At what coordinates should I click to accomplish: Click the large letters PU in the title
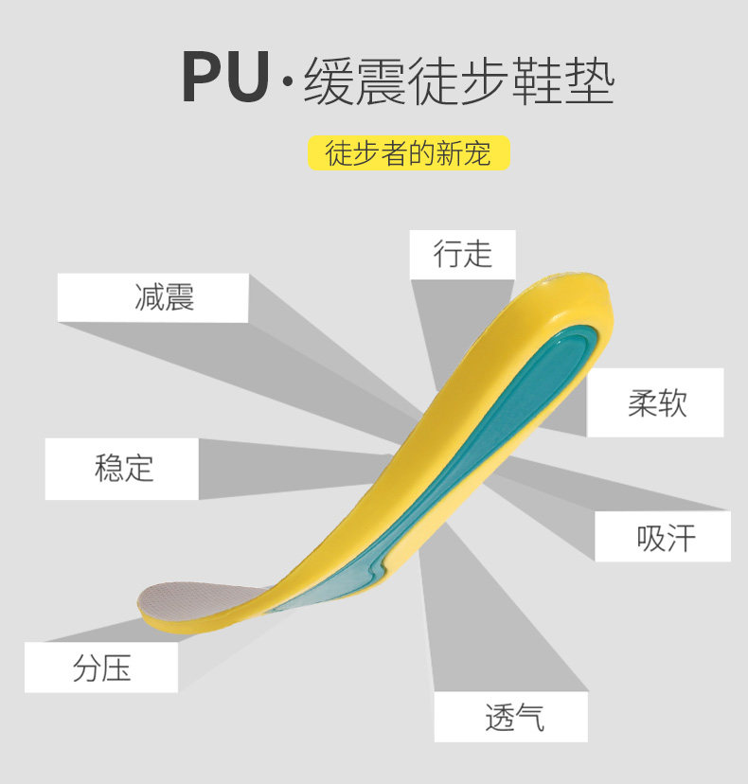pyautogui.click(x=225, y=79)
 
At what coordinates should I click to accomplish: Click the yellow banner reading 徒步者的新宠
pyautogui.click(x=409, y=152)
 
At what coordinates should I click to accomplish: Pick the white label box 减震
pyautogui.click(x=152, y=297)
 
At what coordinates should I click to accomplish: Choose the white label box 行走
pyautogui.click(x=462, y=254)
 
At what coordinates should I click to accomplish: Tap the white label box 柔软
pyautogui.click(x=655, y=402)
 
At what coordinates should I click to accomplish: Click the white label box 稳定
pyautogui.click(x=122, y=468)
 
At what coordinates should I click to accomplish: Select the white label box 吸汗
pyautogui.click(x=663, y=537)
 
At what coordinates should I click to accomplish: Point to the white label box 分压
pyautogui.click(x=101, y=668)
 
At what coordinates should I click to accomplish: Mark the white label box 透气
pyautogui.click(x=511, y=717)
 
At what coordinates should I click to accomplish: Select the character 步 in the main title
pyautogui.click(x=502, y=81)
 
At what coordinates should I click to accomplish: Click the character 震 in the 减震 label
pyautogui.click(x=178, y=297)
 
